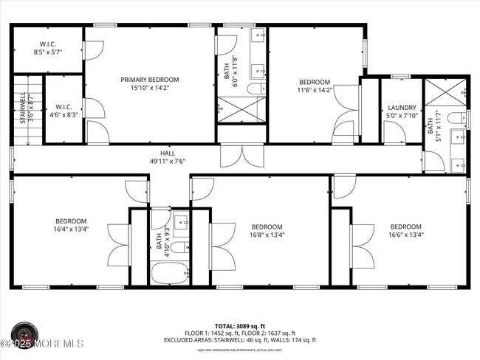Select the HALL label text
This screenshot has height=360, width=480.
pyautogui.click(x=157, y=153)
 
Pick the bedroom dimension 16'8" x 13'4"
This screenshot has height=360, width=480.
pyautogui.click(x=267, y=235)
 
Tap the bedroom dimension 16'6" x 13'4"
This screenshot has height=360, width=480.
pyautogui.click(x=405, y=235)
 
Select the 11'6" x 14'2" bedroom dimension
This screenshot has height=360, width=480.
pyautogui.click(x=315, y=89)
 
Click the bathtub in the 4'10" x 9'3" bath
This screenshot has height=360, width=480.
pyautogui.click(x=169, y=274)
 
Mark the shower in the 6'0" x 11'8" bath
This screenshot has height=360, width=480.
pyautogui.click(x=241, y=109)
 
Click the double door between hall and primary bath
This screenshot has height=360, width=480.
pyautogui.click(x=241, y=156)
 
